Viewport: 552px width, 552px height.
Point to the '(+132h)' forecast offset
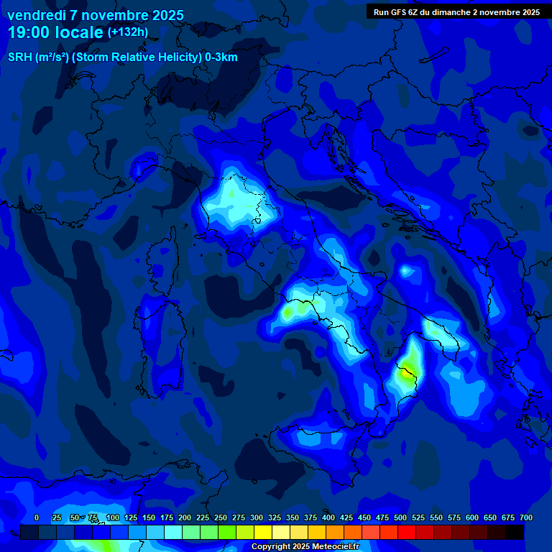(x=127, y=32)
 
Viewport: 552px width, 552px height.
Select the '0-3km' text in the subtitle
(x=221, y=57)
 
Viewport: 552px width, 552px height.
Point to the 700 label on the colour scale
(x=525, y=517)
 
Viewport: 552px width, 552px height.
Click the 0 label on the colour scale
(x=37, y=517)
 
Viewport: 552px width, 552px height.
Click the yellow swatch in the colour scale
(x=263, y=533)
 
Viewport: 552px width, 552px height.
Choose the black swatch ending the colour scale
(x=515, y=533)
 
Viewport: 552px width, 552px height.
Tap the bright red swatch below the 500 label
(x=407, y=533)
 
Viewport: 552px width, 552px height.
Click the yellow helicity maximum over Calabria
(x=407, y=373)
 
